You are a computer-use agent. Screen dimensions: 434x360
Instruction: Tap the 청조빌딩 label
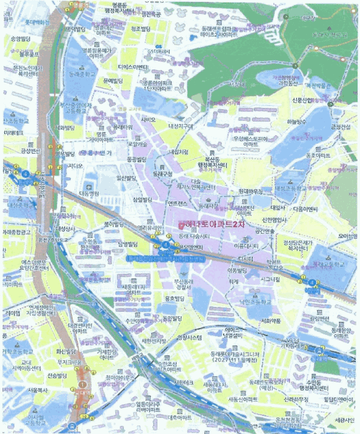tap(143, 29)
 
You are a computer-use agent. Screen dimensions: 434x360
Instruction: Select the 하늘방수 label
tap(298, 122)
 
